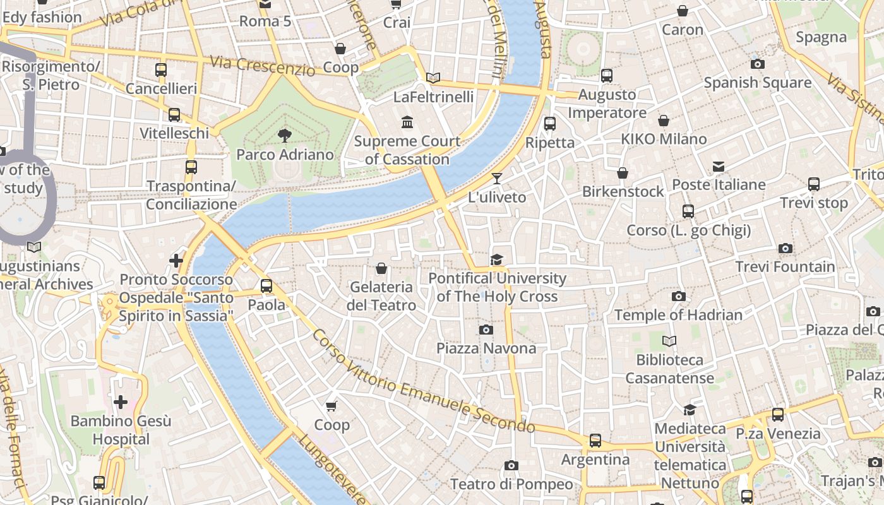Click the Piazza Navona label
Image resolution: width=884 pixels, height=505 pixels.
(486, 348)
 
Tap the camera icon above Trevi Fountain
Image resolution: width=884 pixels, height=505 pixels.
(785, 249)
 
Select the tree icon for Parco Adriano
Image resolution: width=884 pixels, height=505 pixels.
(285, 135)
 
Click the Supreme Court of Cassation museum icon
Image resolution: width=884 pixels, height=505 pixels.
(407, 121)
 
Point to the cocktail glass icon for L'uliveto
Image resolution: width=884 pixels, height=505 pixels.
(497, 179)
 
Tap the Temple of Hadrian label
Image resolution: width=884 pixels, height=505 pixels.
(678, 314)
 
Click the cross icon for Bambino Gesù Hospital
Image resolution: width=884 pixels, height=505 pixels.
(121, 401)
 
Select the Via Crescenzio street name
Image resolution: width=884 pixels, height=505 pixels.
(262, 66)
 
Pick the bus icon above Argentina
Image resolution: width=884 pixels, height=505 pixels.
(595, 440)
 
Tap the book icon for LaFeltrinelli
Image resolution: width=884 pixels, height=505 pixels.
(433, 78)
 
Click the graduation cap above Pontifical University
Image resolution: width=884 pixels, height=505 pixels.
(497, 260)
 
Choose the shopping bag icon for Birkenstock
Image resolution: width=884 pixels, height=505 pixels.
(623, 173)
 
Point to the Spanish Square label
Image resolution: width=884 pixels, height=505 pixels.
(757, 83)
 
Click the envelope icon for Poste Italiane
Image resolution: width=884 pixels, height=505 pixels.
(719, 167)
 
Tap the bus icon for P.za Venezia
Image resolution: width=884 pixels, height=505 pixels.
(777, 415)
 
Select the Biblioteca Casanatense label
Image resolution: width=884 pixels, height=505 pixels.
(669, 369)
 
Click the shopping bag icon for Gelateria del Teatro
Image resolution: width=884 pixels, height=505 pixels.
(381, 269)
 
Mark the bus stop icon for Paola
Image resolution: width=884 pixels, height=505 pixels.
(266, 286)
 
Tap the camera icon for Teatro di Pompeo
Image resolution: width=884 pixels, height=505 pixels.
(511, 466)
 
